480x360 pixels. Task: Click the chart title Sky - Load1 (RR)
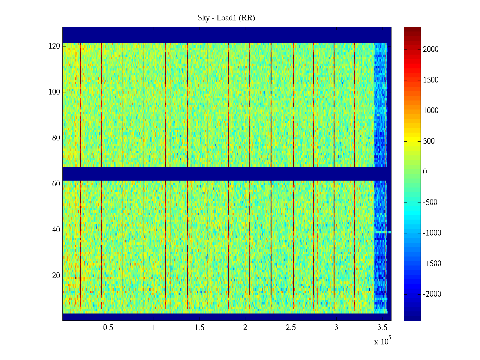(x=226, y=18)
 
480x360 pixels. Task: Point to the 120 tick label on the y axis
(x=54, y=46)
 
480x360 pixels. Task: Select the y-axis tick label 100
(x=54, y=92)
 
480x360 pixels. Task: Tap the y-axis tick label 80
(x=56, y=138)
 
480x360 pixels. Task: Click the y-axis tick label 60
(x=56, y=184)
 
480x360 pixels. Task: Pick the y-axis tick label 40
(x=56, y=230)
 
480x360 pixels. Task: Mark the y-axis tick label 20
(x=56, y=276)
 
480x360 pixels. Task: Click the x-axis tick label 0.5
(x=108, y=328)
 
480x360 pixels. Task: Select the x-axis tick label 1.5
(x=199, y=328)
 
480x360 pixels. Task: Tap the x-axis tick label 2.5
(x=291, y=328)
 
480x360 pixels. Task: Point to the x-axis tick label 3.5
(x=382, y=328)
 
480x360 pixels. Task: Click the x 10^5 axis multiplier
(x=382, y=341)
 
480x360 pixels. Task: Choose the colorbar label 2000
(x=431, y=49)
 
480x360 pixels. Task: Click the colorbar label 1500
(x=431, y=80)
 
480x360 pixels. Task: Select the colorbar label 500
(x=429, y=141)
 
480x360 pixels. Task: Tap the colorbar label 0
(x=425, y=172)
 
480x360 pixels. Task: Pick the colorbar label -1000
(x=432, y=233)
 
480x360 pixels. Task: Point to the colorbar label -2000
(x=432, y=294)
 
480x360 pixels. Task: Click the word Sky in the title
(x=203, y=18)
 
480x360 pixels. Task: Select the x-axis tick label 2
(x=245, y=328)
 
